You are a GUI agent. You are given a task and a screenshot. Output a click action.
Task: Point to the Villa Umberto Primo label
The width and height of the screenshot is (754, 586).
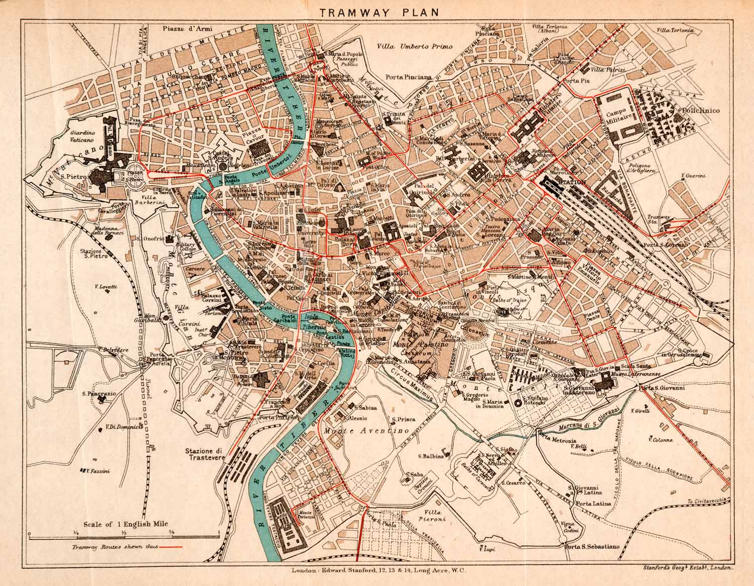click(x=415, y=46)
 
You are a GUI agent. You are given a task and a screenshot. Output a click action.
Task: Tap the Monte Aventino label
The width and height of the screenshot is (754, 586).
click(x=357, y=431)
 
